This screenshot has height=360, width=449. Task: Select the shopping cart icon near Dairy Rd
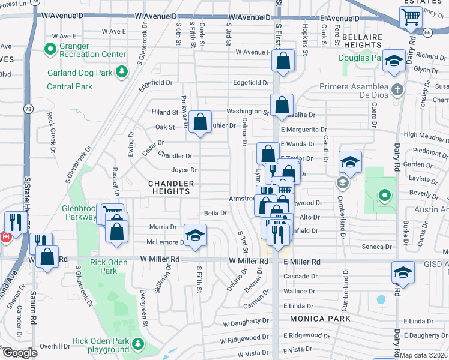pos(411,18)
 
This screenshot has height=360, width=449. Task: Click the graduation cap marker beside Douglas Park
pos(394,61)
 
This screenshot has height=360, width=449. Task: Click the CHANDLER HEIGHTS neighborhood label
pos(172,188)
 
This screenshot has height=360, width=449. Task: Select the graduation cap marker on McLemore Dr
pos(195,235)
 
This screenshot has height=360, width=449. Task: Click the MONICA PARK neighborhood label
pos(315,318)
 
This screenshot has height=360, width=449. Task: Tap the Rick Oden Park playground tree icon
pos(139,344)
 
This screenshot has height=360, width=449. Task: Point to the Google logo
pos(19,353)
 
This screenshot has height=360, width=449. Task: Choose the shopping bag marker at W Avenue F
pos(282,60)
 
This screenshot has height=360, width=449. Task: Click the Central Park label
pos(70,86)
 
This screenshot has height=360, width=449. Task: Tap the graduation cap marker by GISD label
pos(403,272)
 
